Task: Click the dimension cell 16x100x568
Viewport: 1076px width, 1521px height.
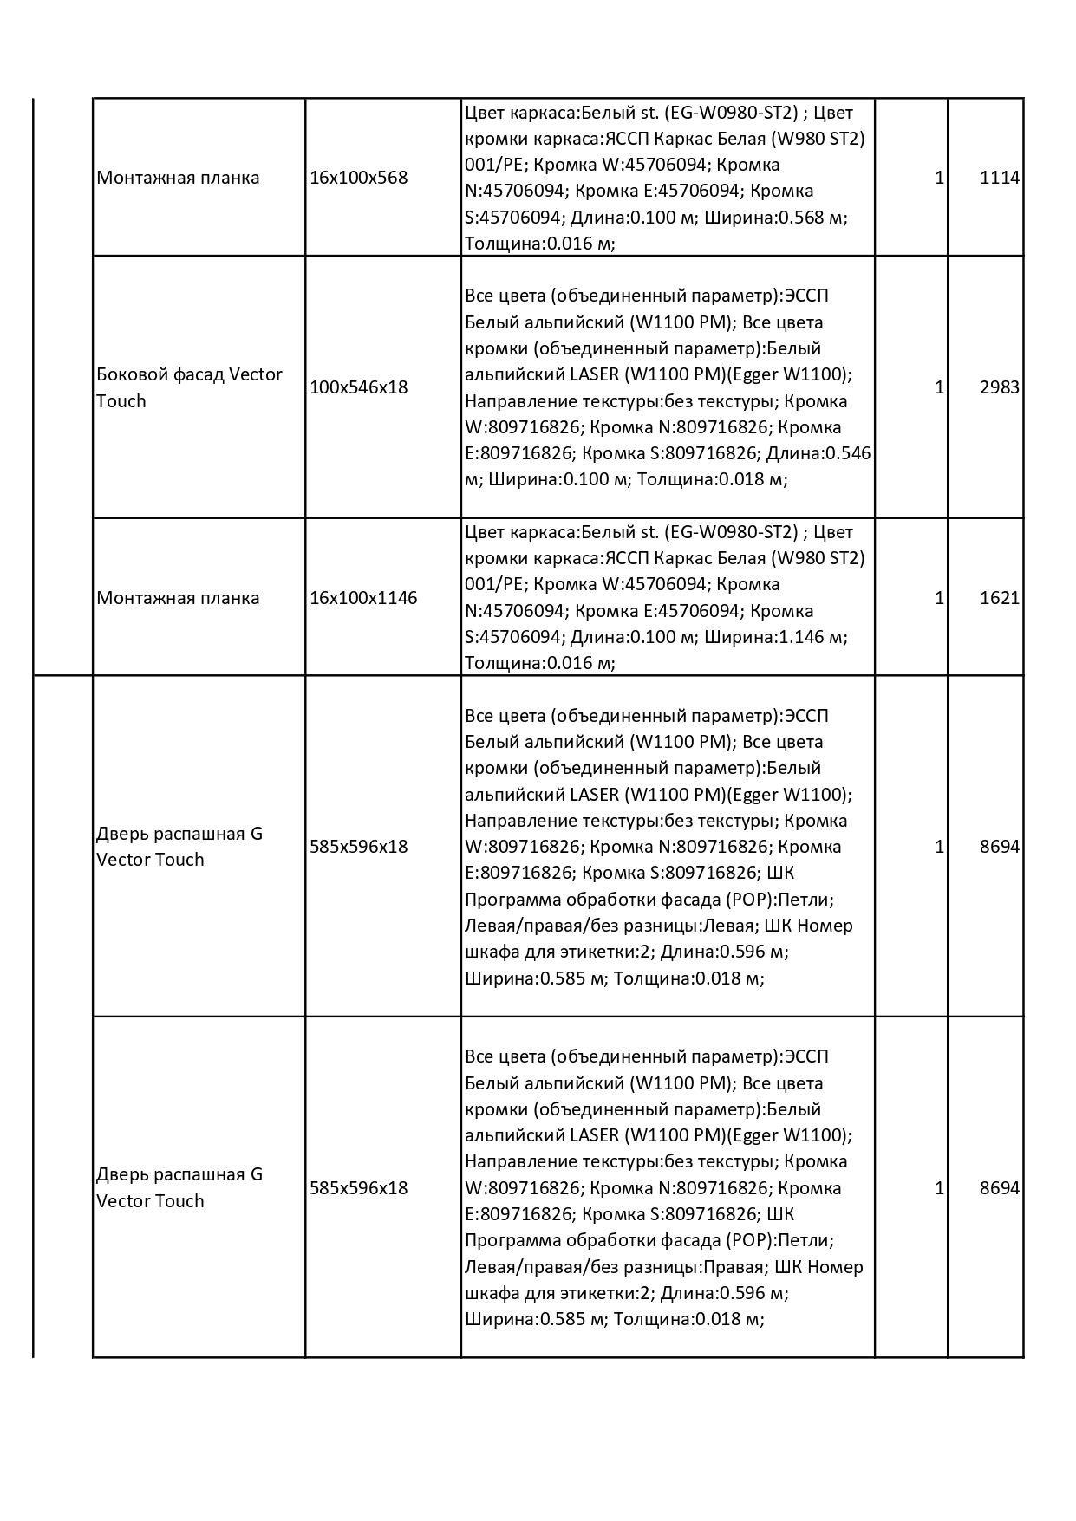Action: point(358,178)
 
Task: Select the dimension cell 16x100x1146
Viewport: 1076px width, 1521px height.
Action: point(363,598)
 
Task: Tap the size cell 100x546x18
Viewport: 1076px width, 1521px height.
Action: point(358,387)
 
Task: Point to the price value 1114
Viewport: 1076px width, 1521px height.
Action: point(999,178)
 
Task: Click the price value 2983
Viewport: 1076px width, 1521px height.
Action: point(999,387)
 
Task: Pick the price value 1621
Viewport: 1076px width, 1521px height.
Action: point(999,598)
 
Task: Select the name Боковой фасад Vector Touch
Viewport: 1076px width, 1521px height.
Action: point(189,387)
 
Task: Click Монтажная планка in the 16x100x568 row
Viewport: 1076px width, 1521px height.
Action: point(178,178)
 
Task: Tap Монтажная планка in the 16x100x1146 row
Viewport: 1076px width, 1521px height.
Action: point(178,598)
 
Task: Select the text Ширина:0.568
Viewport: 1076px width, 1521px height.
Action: point(766,218)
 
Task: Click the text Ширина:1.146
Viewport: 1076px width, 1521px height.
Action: point(766,637)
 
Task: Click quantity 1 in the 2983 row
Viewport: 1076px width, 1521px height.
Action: point(939,387)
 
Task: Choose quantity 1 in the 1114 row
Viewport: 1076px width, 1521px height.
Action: point(939,178)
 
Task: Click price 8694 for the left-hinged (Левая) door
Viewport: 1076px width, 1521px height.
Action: point(999,847)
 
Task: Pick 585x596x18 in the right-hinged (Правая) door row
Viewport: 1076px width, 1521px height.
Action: point(358,1188)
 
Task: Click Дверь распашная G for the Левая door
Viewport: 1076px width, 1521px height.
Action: point(179,834)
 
